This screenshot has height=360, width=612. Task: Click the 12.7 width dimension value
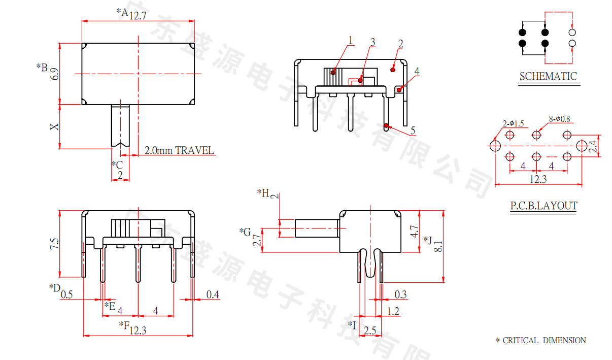pos(138,16)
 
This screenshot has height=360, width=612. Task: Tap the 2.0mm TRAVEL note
pos(179,151)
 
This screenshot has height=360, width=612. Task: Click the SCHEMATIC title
pos(548,77)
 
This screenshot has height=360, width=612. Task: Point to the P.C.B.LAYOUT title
pos(543,206)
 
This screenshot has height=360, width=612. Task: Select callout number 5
pos(413,131)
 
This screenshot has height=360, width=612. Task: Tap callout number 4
pos(417,71)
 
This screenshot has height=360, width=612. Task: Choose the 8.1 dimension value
pos(439,246)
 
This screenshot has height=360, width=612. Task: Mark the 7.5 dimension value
pos(54,244)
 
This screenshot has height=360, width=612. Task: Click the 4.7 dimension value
pos(414,232)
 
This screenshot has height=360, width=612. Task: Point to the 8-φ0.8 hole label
pos(559,119)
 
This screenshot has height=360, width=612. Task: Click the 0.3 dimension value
pos(400,294)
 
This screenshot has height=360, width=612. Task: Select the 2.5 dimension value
pos(370,331)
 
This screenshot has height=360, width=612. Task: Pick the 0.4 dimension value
pos(213,294)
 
